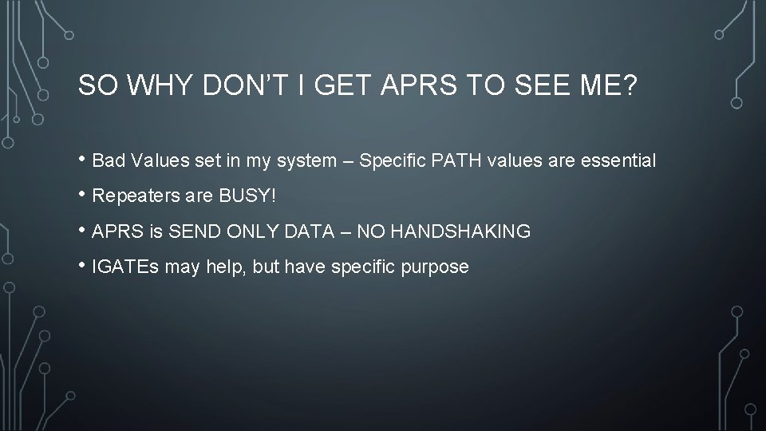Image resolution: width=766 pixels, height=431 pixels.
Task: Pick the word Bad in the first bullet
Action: click(x=107, y=161)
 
